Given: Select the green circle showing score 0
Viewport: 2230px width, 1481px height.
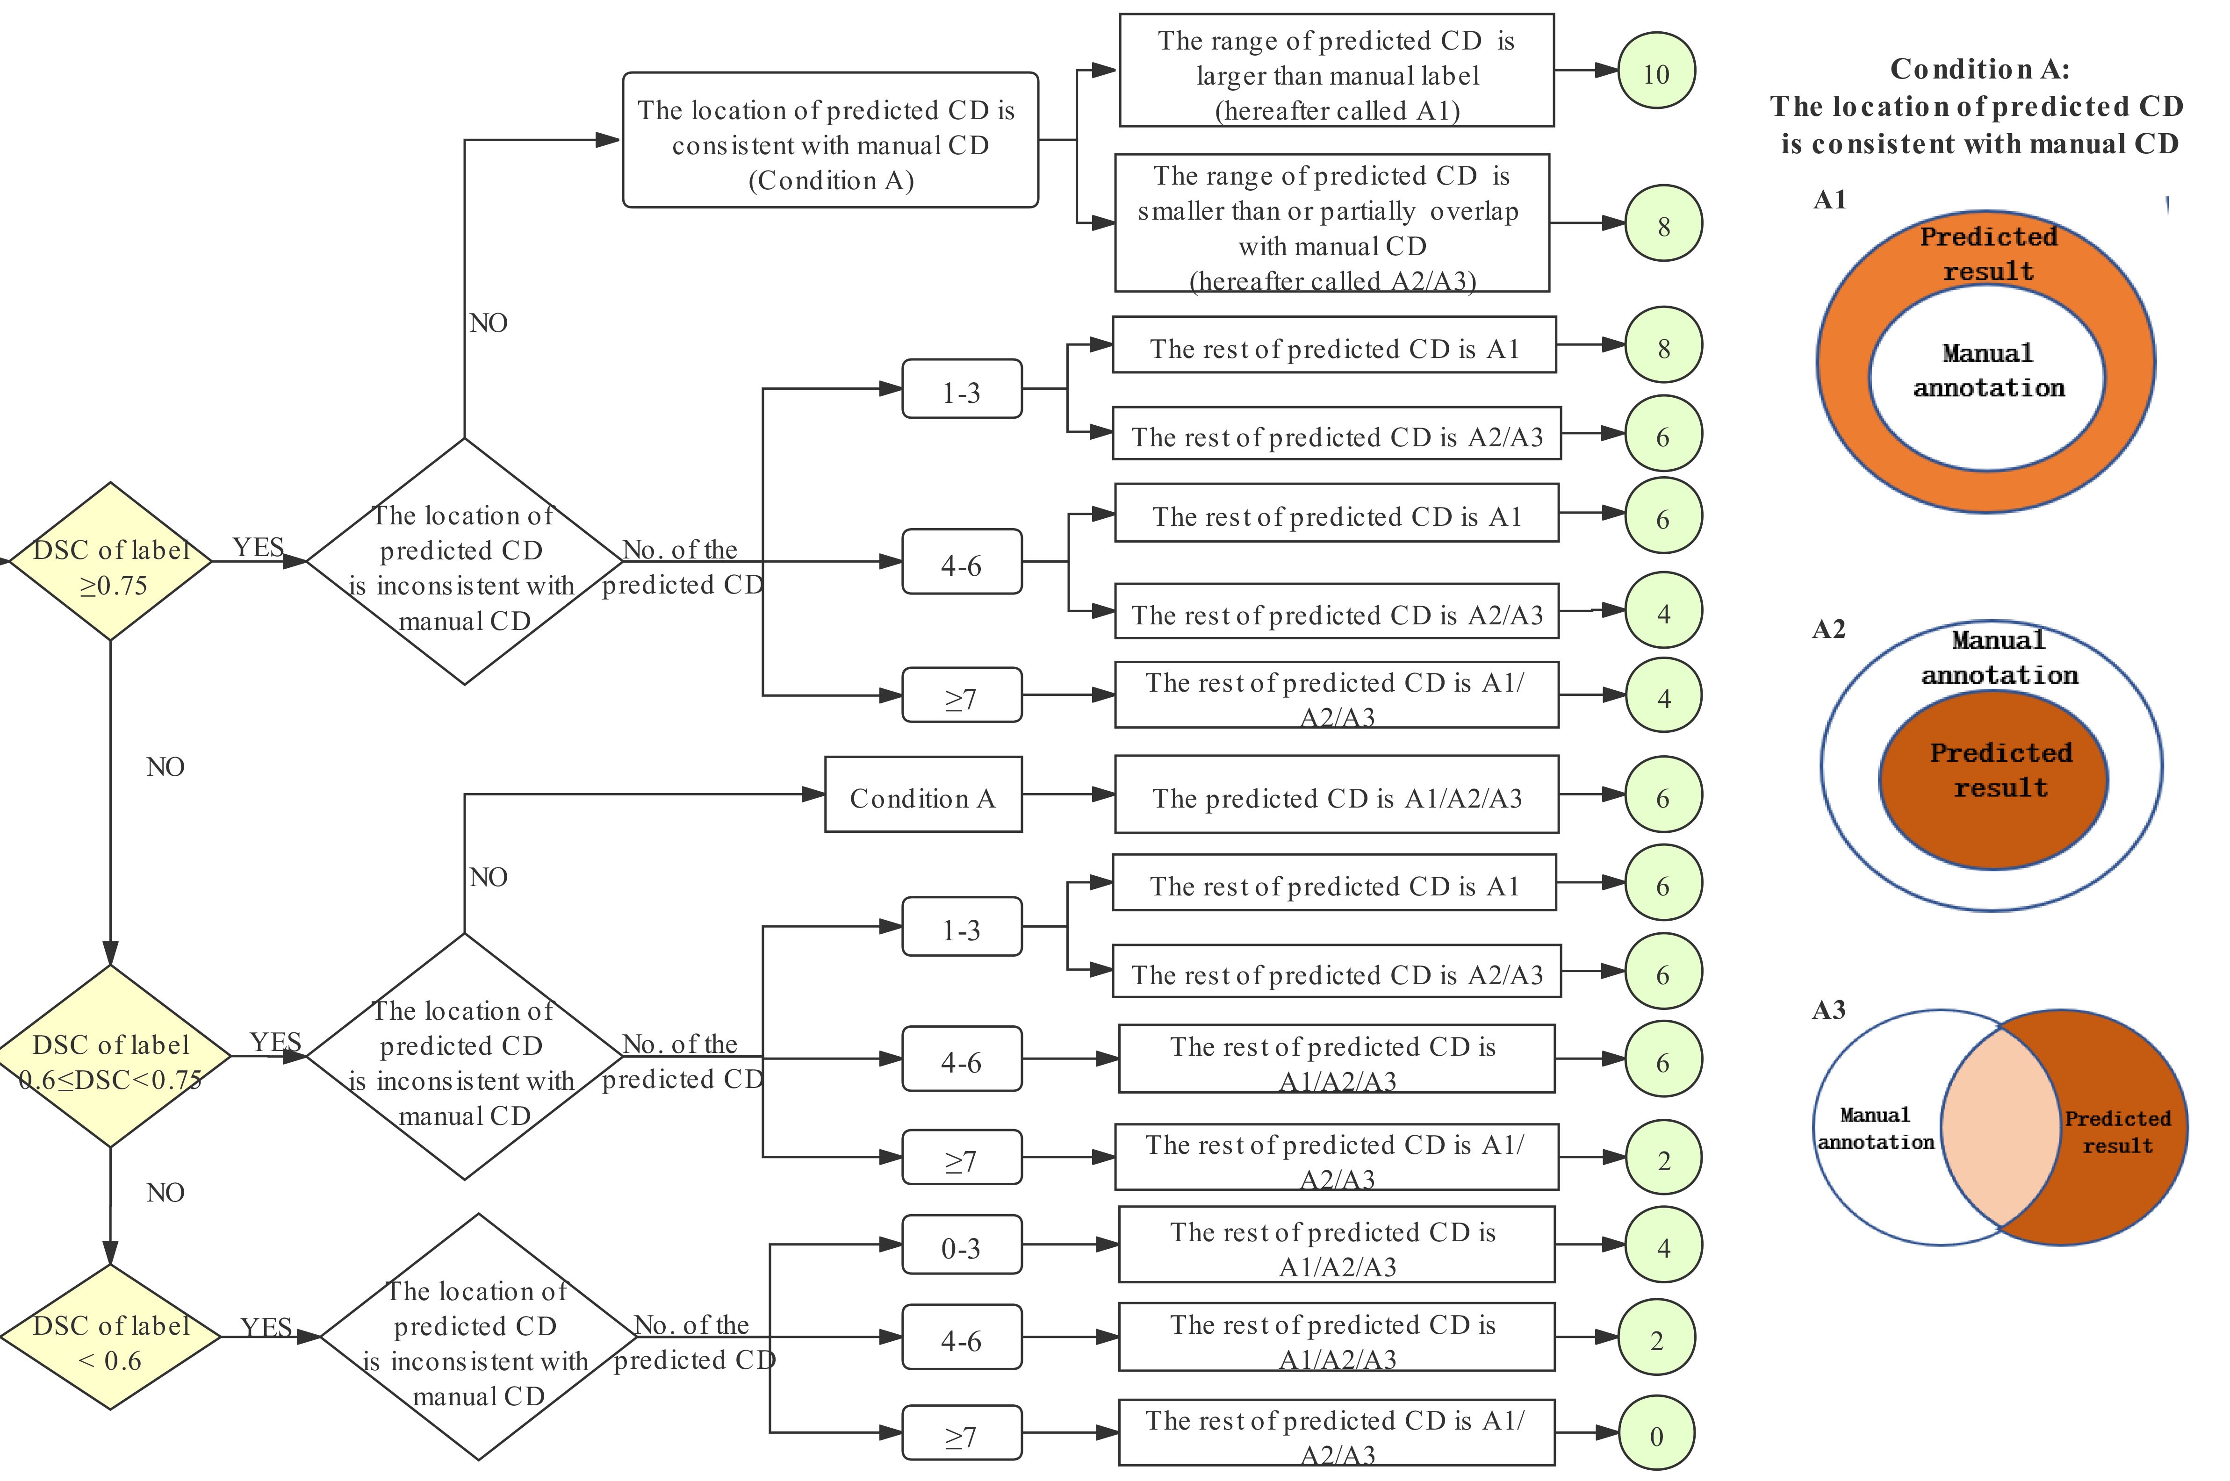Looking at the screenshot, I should (1656, 1436).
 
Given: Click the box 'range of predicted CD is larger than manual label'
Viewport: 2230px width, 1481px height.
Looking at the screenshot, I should (1336, 72).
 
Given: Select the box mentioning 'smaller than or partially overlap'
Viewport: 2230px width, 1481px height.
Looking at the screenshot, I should (1331, 224).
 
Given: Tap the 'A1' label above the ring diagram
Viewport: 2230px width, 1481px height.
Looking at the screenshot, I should (1829, 199).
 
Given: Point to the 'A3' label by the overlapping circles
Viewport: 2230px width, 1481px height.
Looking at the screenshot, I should (1828, 1009).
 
